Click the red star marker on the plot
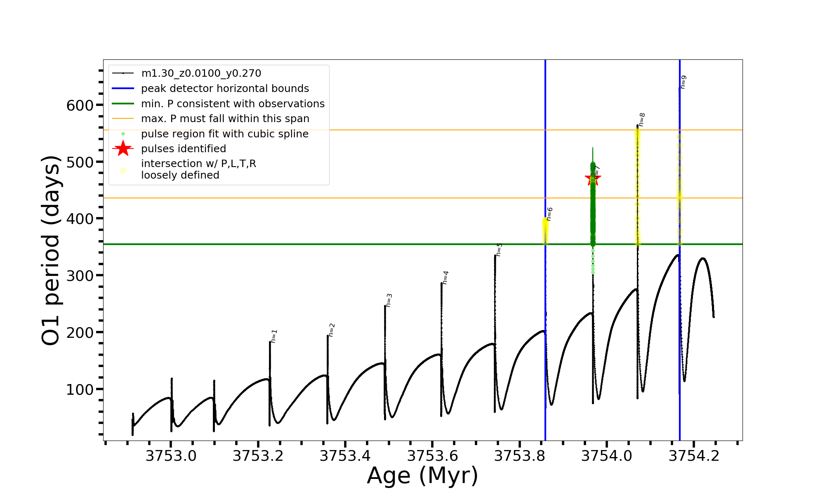pos(593,179)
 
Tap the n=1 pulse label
pos(274,336)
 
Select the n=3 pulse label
pos(389,300)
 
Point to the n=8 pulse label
pos(642,120)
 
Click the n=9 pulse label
pos(684,82)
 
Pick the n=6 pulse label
pos(549,214)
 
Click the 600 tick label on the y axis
pos(80,106)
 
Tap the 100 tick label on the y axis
pos(80,389)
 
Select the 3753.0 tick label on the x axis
pos(171,456)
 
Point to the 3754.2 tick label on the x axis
pos(694,456)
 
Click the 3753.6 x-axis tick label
pos(432,456)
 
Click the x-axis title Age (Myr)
pos(422,476)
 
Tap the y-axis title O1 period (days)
pos(51,250)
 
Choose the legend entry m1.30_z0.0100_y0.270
pos(201,73)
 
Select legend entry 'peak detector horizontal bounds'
pos(225,89)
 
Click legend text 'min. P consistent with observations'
pos(233,104)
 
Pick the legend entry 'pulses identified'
pos(184,149)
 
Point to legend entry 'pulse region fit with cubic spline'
pos(225,134)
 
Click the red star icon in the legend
pos(123,148)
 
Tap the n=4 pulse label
pos(445,278)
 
